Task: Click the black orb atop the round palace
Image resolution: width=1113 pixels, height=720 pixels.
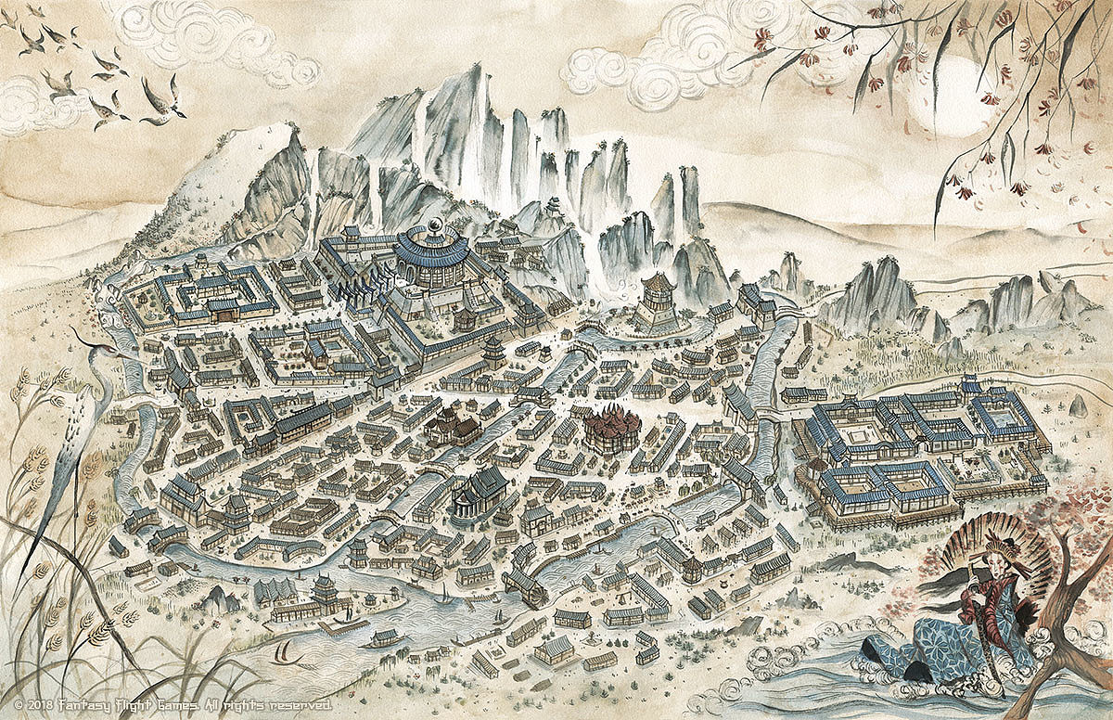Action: tap(434, 225)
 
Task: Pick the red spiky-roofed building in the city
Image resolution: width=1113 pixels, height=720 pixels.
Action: tap(612, 429)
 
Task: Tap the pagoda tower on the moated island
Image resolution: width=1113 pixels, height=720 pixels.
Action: tap(659, 297)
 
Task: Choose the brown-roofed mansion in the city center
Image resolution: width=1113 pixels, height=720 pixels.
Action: tap(453, 424)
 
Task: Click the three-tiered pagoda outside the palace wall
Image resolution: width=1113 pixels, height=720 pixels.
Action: tap(493, 351)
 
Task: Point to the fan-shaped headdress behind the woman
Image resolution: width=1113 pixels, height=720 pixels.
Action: tap(997, 547)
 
